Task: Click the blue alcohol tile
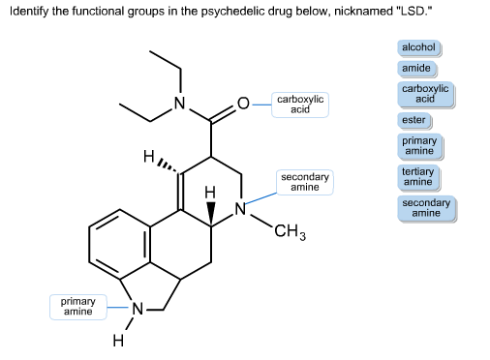(x=418, y=47)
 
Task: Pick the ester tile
(x=413, y=120)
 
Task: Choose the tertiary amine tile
(x=417, y=176)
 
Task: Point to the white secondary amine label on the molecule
(x=304, y=182)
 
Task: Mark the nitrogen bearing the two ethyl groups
(x=177, y=103)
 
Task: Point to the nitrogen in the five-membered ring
(x=138, y=309)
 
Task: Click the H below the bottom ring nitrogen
(x=118, y=341)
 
